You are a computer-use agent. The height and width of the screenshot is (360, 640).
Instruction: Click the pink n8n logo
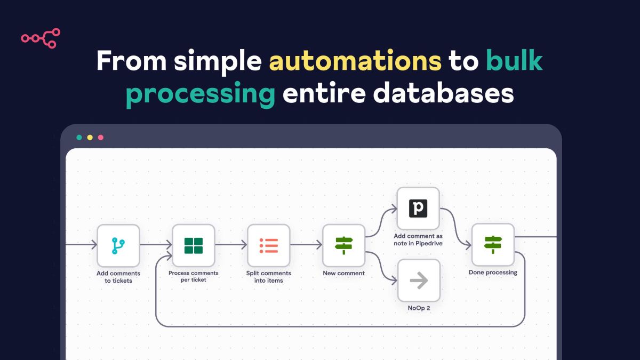click(x=41, y=38)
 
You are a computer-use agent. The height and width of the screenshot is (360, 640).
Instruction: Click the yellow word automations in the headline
click(x=355, y=62)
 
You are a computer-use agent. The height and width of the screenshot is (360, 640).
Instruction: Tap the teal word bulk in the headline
click(x=514, y=62)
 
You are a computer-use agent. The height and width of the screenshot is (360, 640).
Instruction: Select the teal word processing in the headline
click(x=201, y=94)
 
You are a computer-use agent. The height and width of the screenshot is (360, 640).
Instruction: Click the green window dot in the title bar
click(x=79, y=138)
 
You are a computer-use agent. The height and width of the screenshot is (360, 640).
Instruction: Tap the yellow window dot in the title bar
click(x=90, y=138)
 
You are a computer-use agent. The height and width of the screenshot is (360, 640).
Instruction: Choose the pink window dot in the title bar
click(x=101, y=138)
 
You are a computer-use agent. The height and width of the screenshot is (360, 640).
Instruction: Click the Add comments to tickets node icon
click(x=118, y=245)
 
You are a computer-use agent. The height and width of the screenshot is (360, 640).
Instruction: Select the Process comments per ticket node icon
click(x=194, y=245)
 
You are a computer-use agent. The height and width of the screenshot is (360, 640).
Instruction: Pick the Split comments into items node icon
click(x=269, y=245)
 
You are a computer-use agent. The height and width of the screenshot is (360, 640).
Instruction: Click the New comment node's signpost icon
click(x=344, y=245)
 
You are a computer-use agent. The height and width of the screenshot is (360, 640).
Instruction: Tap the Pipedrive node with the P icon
click(x=419, y=208)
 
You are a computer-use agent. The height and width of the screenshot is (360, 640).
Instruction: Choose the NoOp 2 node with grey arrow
click(x=419, y=280)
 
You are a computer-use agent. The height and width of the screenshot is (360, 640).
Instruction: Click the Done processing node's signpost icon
click(x=493, y=245)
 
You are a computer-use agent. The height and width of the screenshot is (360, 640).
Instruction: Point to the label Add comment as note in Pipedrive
click(x=418, y=239)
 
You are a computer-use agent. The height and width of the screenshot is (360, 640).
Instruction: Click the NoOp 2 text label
click(x=419, y=308)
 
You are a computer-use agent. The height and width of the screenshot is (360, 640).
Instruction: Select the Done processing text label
click(x=493, y=273)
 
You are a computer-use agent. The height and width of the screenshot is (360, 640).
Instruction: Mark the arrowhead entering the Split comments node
click(x=244, y=245)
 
